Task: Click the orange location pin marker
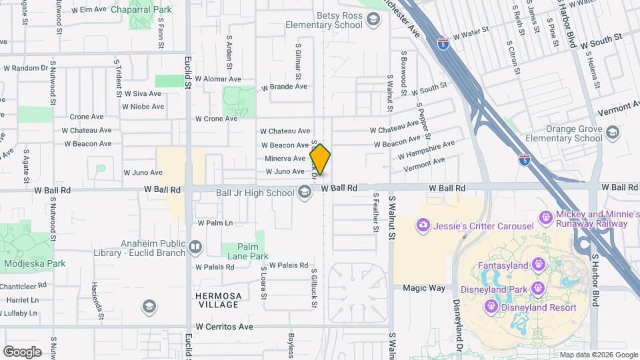pos(321,160)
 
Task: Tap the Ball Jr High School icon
pos(305,193)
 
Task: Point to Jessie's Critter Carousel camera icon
pos(423,225)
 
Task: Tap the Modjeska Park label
pos(35,263)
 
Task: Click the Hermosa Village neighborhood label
pos(217,300)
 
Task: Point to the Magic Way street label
pos(424,288)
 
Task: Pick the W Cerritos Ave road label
pos(225,327)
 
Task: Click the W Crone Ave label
pos(216,119)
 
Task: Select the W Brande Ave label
pos(284,87)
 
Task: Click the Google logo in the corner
pos(22,351)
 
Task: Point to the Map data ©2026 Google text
pos(598,355)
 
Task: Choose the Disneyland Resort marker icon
pos(491,307)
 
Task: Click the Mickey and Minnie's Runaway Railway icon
pos(545,218)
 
